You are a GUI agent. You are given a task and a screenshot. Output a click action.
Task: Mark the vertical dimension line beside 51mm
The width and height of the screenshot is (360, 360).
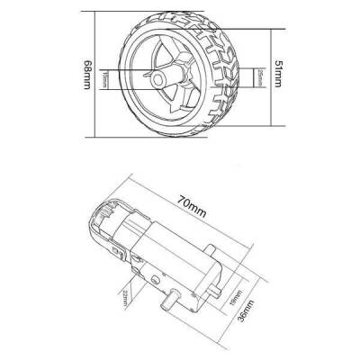pos(266,72)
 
